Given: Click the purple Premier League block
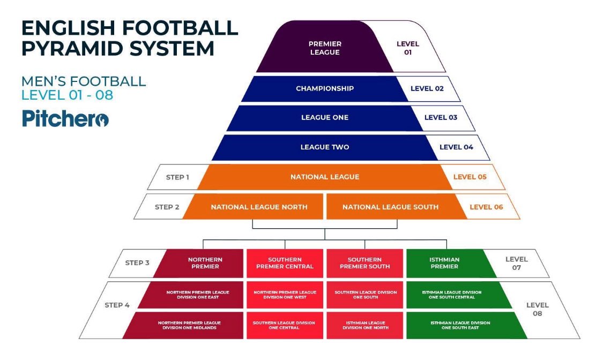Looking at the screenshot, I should click(324, 48).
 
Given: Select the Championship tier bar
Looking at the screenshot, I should click(324, 88).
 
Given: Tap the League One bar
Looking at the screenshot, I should click(324, 118).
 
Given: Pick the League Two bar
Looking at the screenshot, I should click(324, 147).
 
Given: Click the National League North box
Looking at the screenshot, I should click(259, 207).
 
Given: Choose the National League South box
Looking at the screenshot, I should click(390, 207).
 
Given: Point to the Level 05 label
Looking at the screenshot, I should click(470, 177).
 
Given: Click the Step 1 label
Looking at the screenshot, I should click(177, 177).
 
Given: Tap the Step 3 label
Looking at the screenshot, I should click(137, 263).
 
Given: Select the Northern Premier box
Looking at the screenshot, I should click(205, 263).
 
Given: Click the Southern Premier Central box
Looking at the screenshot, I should click(285, 263).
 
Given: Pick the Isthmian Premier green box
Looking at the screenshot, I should click(444, 263).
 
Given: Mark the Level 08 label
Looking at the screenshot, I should click(537, 309).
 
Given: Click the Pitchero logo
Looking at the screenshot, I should click(65, 118).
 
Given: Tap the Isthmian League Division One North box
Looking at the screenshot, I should click(364, 325).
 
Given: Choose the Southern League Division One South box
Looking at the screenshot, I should click(364, 295).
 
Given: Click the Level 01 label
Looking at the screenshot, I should click(407, 48).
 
